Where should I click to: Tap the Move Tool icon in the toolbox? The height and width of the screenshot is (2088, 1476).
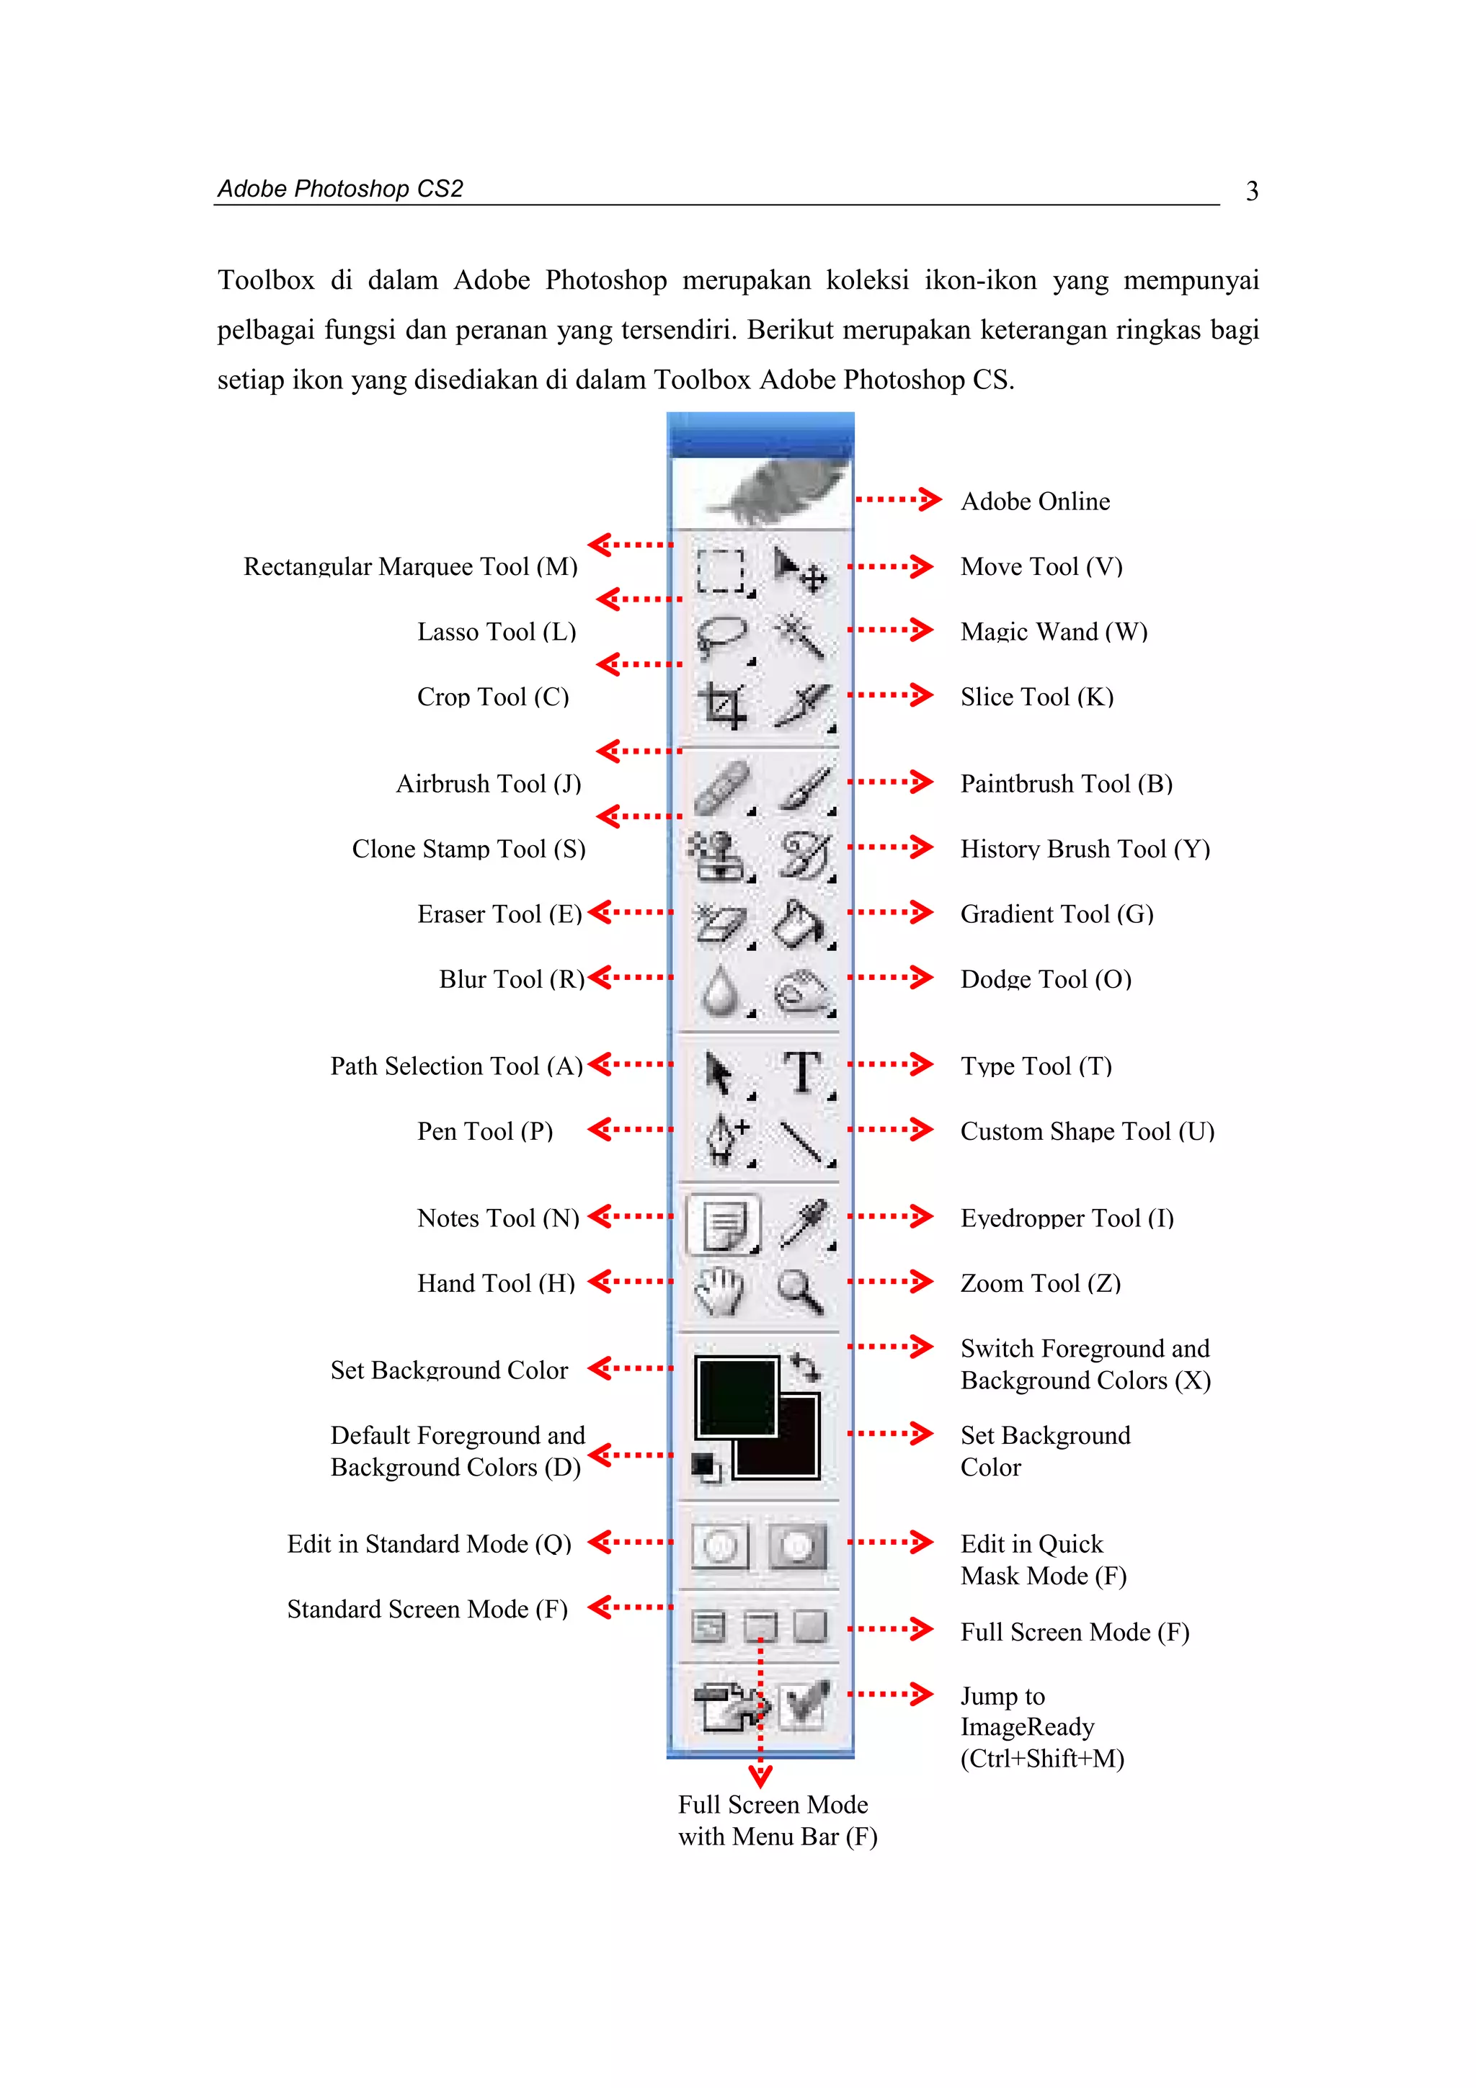coord(800,568)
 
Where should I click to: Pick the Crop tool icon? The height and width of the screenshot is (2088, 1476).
coord(722,705)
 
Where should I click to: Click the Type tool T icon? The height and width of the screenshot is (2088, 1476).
coord(802,1073)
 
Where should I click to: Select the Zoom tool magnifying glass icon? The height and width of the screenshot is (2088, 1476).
coord(800,1290)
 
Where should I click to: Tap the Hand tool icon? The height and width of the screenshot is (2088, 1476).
coord(719,1290)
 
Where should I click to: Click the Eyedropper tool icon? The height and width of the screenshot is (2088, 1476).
coord(803,1223)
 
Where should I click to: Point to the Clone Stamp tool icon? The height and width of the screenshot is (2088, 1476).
coord(719,856)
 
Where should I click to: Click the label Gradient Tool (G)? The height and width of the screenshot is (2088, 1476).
coord(1057,914)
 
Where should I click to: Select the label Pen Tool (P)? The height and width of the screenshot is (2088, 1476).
coord(485,1131)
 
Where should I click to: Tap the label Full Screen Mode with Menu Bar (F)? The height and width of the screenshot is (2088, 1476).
coord(777,1820)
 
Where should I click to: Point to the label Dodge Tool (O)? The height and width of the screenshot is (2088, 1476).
coord(1046,979)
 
